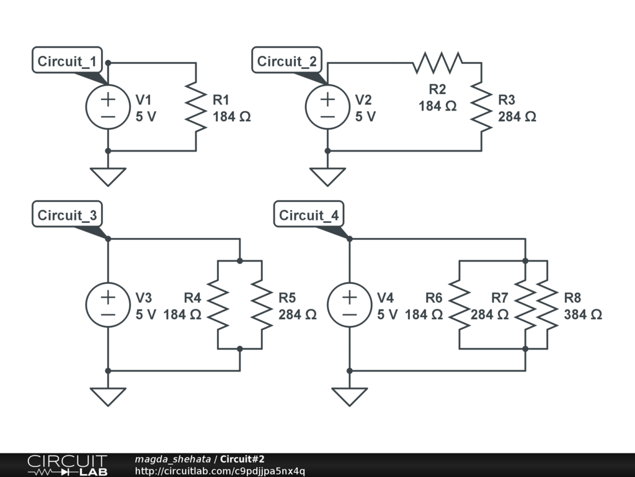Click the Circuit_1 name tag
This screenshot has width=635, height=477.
point(68,61)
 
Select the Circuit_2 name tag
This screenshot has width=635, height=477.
point(287,61)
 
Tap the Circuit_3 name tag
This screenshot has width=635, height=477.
point(68,216)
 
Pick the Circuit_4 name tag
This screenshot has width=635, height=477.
point(309,216)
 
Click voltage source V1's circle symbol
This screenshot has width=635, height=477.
point(108,107)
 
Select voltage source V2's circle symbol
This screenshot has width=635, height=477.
point(327,107)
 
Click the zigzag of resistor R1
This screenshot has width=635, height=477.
point(196,107)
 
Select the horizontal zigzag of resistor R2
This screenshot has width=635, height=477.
point(438,63)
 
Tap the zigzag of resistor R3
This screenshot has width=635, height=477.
point(481,107)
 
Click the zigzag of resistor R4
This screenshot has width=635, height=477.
point(218,305)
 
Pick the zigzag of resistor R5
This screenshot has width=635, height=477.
point(262,305)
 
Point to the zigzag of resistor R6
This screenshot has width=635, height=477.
point(460,305)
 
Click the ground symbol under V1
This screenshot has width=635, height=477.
point(108,176)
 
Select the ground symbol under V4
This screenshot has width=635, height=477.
point(349,396)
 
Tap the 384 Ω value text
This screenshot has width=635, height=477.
point(583,315)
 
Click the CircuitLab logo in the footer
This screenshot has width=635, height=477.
point(66,465)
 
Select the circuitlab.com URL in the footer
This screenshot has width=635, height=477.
point(220,471)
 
